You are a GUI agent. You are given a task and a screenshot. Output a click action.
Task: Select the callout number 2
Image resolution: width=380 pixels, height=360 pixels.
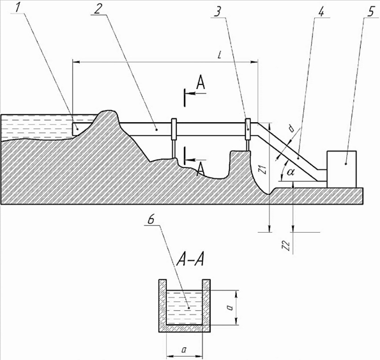[x=98, y=9]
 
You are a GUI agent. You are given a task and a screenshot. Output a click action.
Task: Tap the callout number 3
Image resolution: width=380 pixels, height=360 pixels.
[x=217, y=12]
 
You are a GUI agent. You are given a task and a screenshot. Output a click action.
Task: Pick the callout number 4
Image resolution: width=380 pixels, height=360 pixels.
[x=321, y=12]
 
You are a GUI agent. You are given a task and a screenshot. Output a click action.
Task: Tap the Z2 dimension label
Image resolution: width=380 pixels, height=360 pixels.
[x=287, y=246]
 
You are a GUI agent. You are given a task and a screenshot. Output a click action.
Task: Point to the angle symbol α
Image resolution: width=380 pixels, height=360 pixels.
[x=291, y=172]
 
